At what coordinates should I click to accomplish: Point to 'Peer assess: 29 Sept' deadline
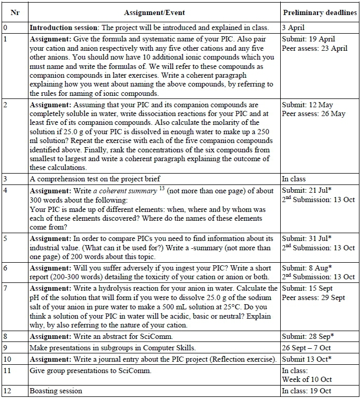point(313,298)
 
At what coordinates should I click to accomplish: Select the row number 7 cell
point(5,289)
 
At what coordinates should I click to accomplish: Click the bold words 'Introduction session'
point(61,27)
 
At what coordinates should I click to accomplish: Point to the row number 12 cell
point(7,391)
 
